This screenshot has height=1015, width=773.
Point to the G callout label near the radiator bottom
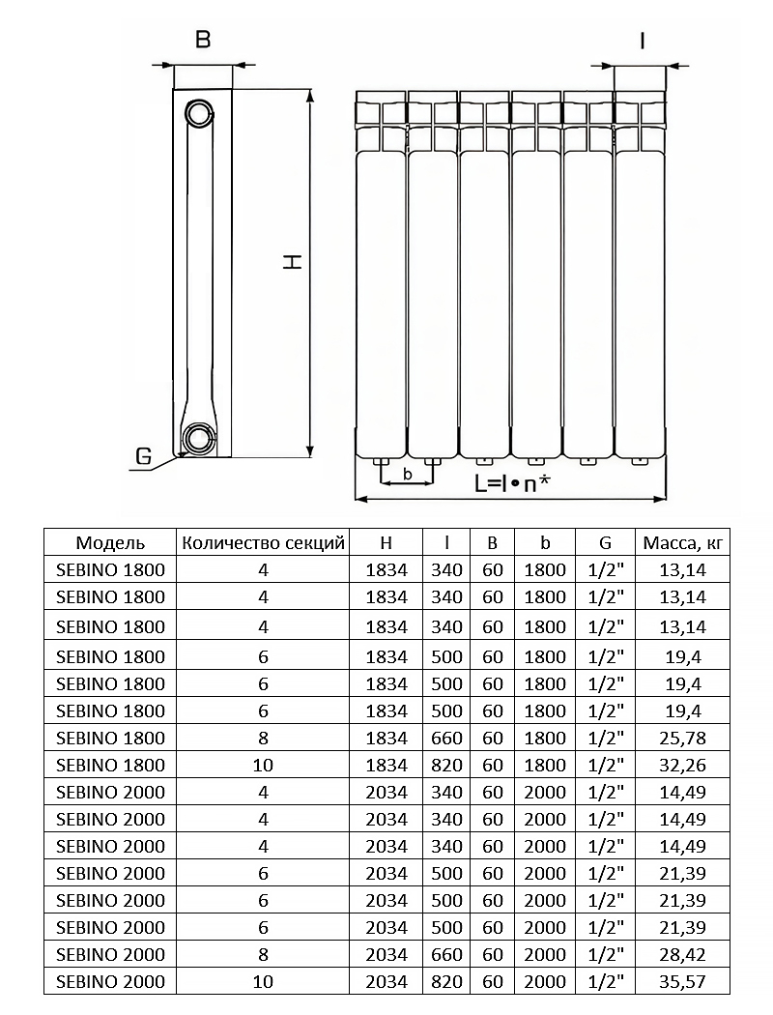pos(143,456)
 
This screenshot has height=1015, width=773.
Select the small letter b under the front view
pos(407,474)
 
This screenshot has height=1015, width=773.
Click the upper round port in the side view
pos(199,112)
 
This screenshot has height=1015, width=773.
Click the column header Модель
pos(110,542)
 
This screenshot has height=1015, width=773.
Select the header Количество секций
pos(264,542)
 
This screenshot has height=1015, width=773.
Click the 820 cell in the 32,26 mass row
pos(446,766)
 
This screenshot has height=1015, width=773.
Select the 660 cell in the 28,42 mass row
pos(446,955)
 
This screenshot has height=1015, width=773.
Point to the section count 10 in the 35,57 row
pos(264,982)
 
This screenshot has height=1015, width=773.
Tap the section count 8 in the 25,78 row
pos(264,739)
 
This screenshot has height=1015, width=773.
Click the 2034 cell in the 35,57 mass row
pos(387,982)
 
